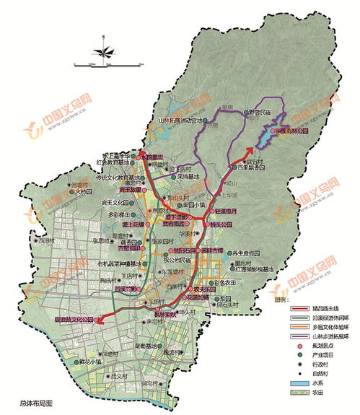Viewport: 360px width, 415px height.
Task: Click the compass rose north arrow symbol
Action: (105, 51)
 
